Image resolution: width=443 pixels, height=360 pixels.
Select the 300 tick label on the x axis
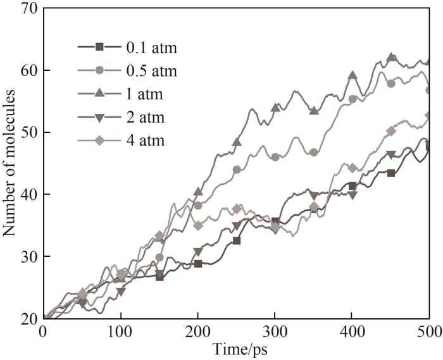[275, 331]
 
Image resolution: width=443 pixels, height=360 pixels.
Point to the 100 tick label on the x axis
[120, 331]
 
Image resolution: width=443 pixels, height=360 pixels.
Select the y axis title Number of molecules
[9, 163]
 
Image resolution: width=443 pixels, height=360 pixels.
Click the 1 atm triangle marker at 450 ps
[391, 58]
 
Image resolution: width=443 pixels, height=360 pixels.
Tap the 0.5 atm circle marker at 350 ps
[314, 152]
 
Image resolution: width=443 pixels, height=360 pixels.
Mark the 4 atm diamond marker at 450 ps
[391, 131]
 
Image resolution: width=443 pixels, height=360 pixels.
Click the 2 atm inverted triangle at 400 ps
[353, 195]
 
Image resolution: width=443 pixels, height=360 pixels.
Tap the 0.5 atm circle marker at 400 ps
[353, 99]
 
